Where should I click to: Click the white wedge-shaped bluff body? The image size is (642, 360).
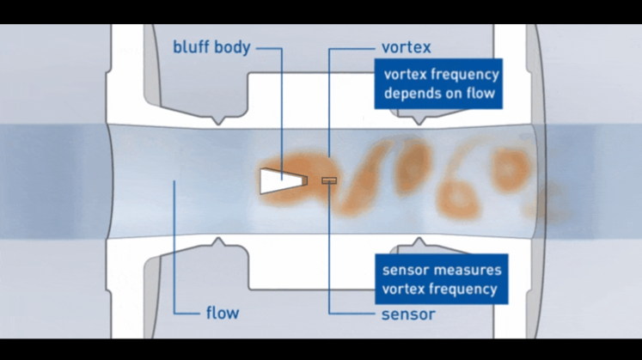tap(279, 180)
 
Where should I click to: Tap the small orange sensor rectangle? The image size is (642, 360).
tap(328, 180)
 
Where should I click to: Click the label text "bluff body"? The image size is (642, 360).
tap(211, 48)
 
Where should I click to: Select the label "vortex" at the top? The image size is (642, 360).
tap(406, 48)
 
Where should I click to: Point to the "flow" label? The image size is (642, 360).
tap(222, 313)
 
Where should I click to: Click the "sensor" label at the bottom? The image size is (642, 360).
tap(407, 313)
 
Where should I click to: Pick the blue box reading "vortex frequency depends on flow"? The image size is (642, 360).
tap(437, 83)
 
